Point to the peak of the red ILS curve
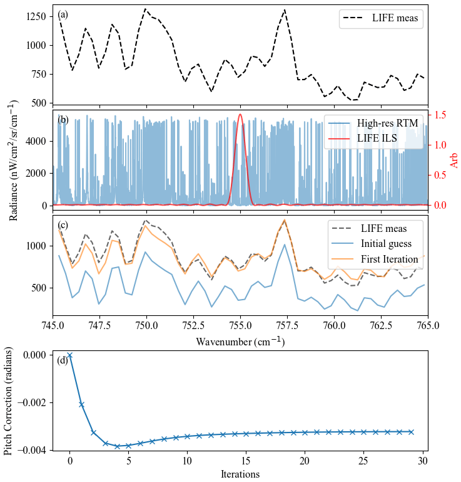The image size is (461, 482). pyautogui.click(x=241, y=114)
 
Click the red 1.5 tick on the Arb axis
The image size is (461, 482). pyautogui.click(x=440, y=115)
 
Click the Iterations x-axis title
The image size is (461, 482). pyautogui.click(x=240, y=474)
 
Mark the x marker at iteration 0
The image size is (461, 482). pyautogui.click(x=69, y=355)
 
